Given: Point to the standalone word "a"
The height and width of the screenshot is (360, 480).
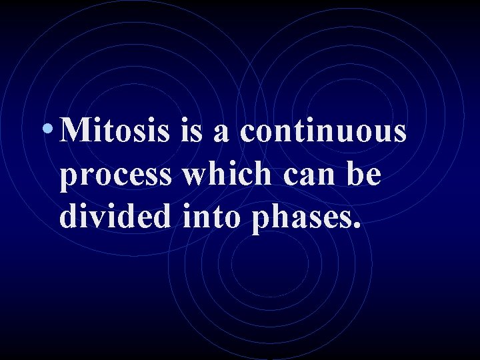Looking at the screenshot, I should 222,134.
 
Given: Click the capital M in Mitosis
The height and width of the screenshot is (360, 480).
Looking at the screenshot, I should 74,131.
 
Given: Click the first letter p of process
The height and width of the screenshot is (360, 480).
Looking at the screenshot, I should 69,179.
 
